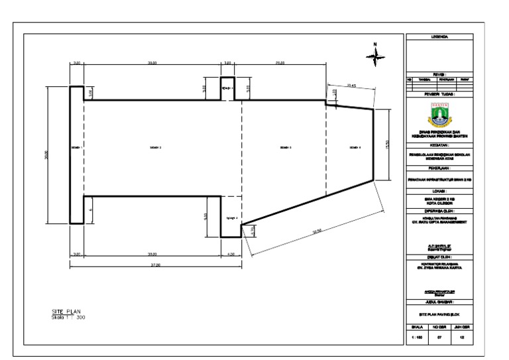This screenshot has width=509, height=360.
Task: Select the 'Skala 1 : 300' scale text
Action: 69,317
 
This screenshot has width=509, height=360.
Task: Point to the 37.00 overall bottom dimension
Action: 156,264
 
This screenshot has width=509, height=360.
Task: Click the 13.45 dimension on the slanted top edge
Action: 352,86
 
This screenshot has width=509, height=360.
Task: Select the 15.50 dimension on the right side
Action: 387,144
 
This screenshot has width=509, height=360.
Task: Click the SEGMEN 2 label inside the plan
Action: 156,147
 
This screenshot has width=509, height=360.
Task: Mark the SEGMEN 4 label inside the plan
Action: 355,147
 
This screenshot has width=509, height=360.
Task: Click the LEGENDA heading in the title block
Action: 439,37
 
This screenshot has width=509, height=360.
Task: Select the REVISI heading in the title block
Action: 439,74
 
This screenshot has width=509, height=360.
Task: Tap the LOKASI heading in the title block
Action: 439,190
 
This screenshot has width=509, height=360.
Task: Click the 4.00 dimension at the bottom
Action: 230,253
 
